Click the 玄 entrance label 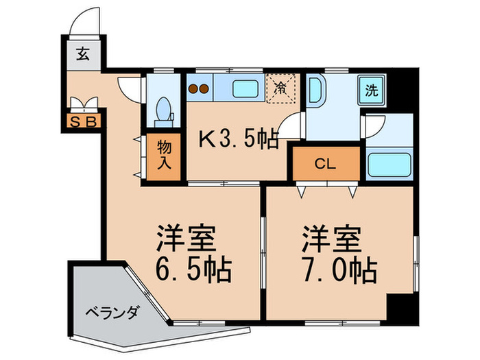pyautogui.click(x=82, y=56)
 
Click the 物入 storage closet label pyautogui.click(x=164, y=156)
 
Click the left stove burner pyautogui.click(x=193, y=88)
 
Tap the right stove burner pyautogui.click(x=205, y=88)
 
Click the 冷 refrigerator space pyautogui.click(x=281, y=88)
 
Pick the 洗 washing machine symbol pyautogui.click(x=371, y=89)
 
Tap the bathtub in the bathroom pyautogui.click(x=388, y=164)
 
